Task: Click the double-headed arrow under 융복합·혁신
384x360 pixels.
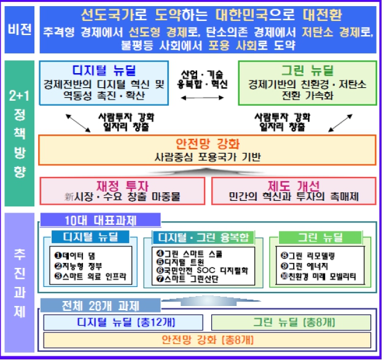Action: (x=200, y=96)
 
